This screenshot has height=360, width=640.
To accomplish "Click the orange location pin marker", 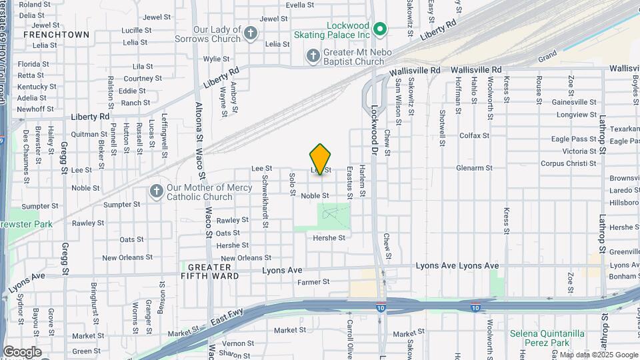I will click(x=320, y=159).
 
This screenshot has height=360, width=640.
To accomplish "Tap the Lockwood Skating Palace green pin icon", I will click(x=380, y=29).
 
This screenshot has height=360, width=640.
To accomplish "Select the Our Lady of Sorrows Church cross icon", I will click(x=251, y=33).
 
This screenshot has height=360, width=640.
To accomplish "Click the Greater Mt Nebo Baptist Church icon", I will click(x=313, y=57).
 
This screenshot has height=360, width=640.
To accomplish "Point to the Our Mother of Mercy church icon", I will click(x=157, y=192).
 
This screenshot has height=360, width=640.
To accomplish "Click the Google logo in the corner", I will click(x=22, y=351).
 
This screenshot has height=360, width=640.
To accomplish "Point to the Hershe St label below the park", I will click(x=329, y=238).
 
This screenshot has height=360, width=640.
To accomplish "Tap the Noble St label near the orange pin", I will click(x=315, y=196).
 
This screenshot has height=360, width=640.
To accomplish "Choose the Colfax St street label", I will click(x=475, y=135).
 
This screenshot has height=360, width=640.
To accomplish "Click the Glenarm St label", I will click(x=473, y=168).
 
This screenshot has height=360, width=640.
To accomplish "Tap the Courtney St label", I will click(x=139, y=79).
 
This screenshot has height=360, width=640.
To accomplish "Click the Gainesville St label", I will click(x=574, y=103).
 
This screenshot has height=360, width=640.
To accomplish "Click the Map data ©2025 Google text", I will click(x=599, y=355).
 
